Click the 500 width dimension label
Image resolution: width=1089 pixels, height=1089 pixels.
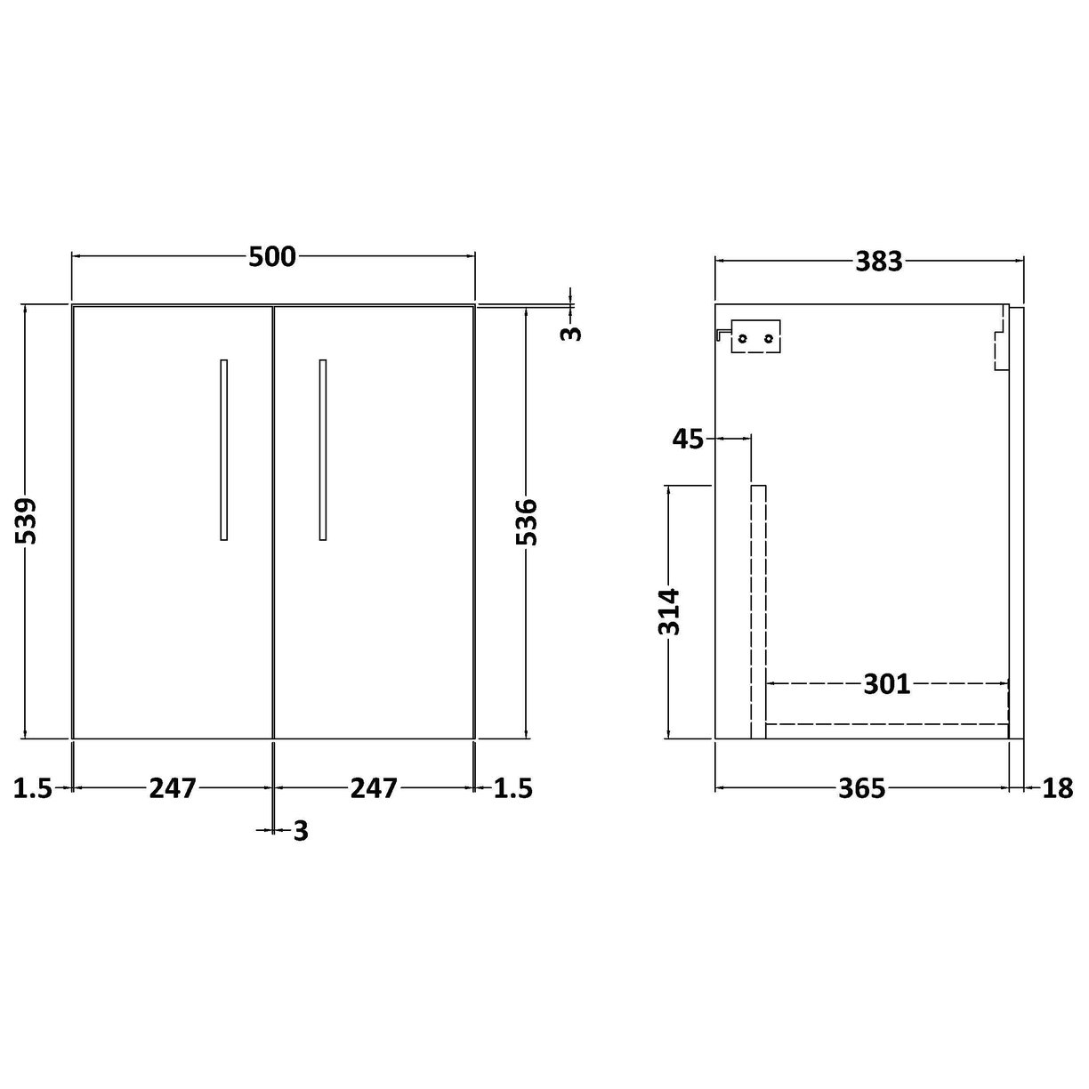(272, 257)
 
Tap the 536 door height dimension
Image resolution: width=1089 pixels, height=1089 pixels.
(527, 521)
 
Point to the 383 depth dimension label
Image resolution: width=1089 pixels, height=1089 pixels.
(878, 262)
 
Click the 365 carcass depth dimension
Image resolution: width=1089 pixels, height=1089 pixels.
(861, 788)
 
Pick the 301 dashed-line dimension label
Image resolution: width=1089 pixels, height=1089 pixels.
(886, 684)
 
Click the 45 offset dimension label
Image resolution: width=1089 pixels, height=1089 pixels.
(688, 439)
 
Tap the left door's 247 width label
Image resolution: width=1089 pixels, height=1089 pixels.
(172, 788)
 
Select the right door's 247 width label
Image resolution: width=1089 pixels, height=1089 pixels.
(373, 788)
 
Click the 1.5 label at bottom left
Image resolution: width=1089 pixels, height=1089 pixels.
(34, 788)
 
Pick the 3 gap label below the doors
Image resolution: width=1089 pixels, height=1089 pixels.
(300, 831)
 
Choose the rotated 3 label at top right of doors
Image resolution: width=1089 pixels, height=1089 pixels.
(573, 333)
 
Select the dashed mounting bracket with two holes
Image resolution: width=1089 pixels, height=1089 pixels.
(754, 337)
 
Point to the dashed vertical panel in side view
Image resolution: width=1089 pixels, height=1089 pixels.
(758, 611)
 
